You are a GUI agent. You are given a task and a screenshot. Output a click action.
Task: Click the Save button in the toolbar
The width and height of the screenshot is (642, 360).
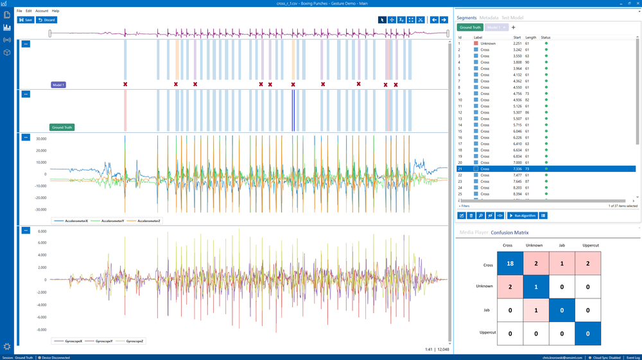(26, 20)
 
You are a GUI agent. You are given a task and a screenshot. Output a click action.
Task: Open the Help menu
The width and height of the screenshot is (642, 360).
(55, 11)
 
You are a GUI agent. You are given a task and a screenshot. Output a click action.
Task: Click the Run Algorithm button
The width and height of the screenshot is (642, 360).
(522, 215)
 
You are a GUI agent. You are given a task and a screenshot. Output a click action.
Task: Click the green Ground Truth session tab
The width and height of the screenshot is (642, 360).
(470, 28)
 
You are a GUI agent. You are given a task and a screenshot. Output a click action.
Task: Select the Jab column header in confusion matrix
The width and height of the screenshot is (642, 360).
(562, 245)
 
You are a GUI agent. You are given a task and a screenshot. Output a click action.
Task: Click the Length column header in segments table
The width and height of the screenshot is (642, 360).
(530, 37)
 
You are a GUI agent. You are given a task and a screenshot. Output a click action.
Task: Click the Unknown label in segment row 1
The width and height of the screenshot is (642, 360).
(488, 43)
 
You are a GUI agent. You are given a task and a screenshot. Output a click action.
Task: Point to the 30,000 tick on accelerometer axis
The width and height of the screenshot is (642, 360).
(41, 139)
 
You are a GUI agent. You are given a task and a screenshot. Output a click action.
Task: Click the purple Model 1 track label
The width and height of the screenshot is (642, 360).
(58, 85)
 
